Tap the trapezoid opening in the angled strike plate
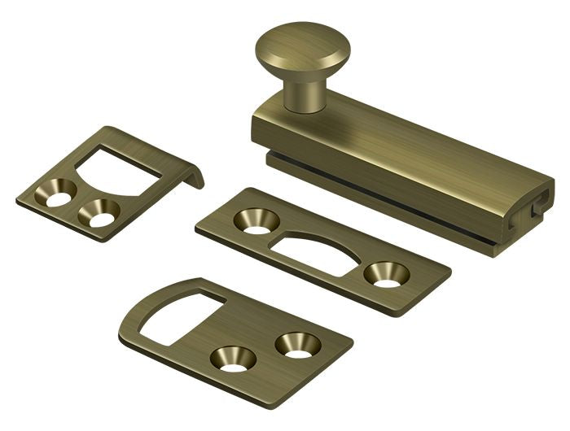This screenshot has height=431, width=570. (x=122, y=163)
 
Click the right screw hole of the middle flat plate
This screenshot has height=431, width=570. (x=382, y=275)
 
